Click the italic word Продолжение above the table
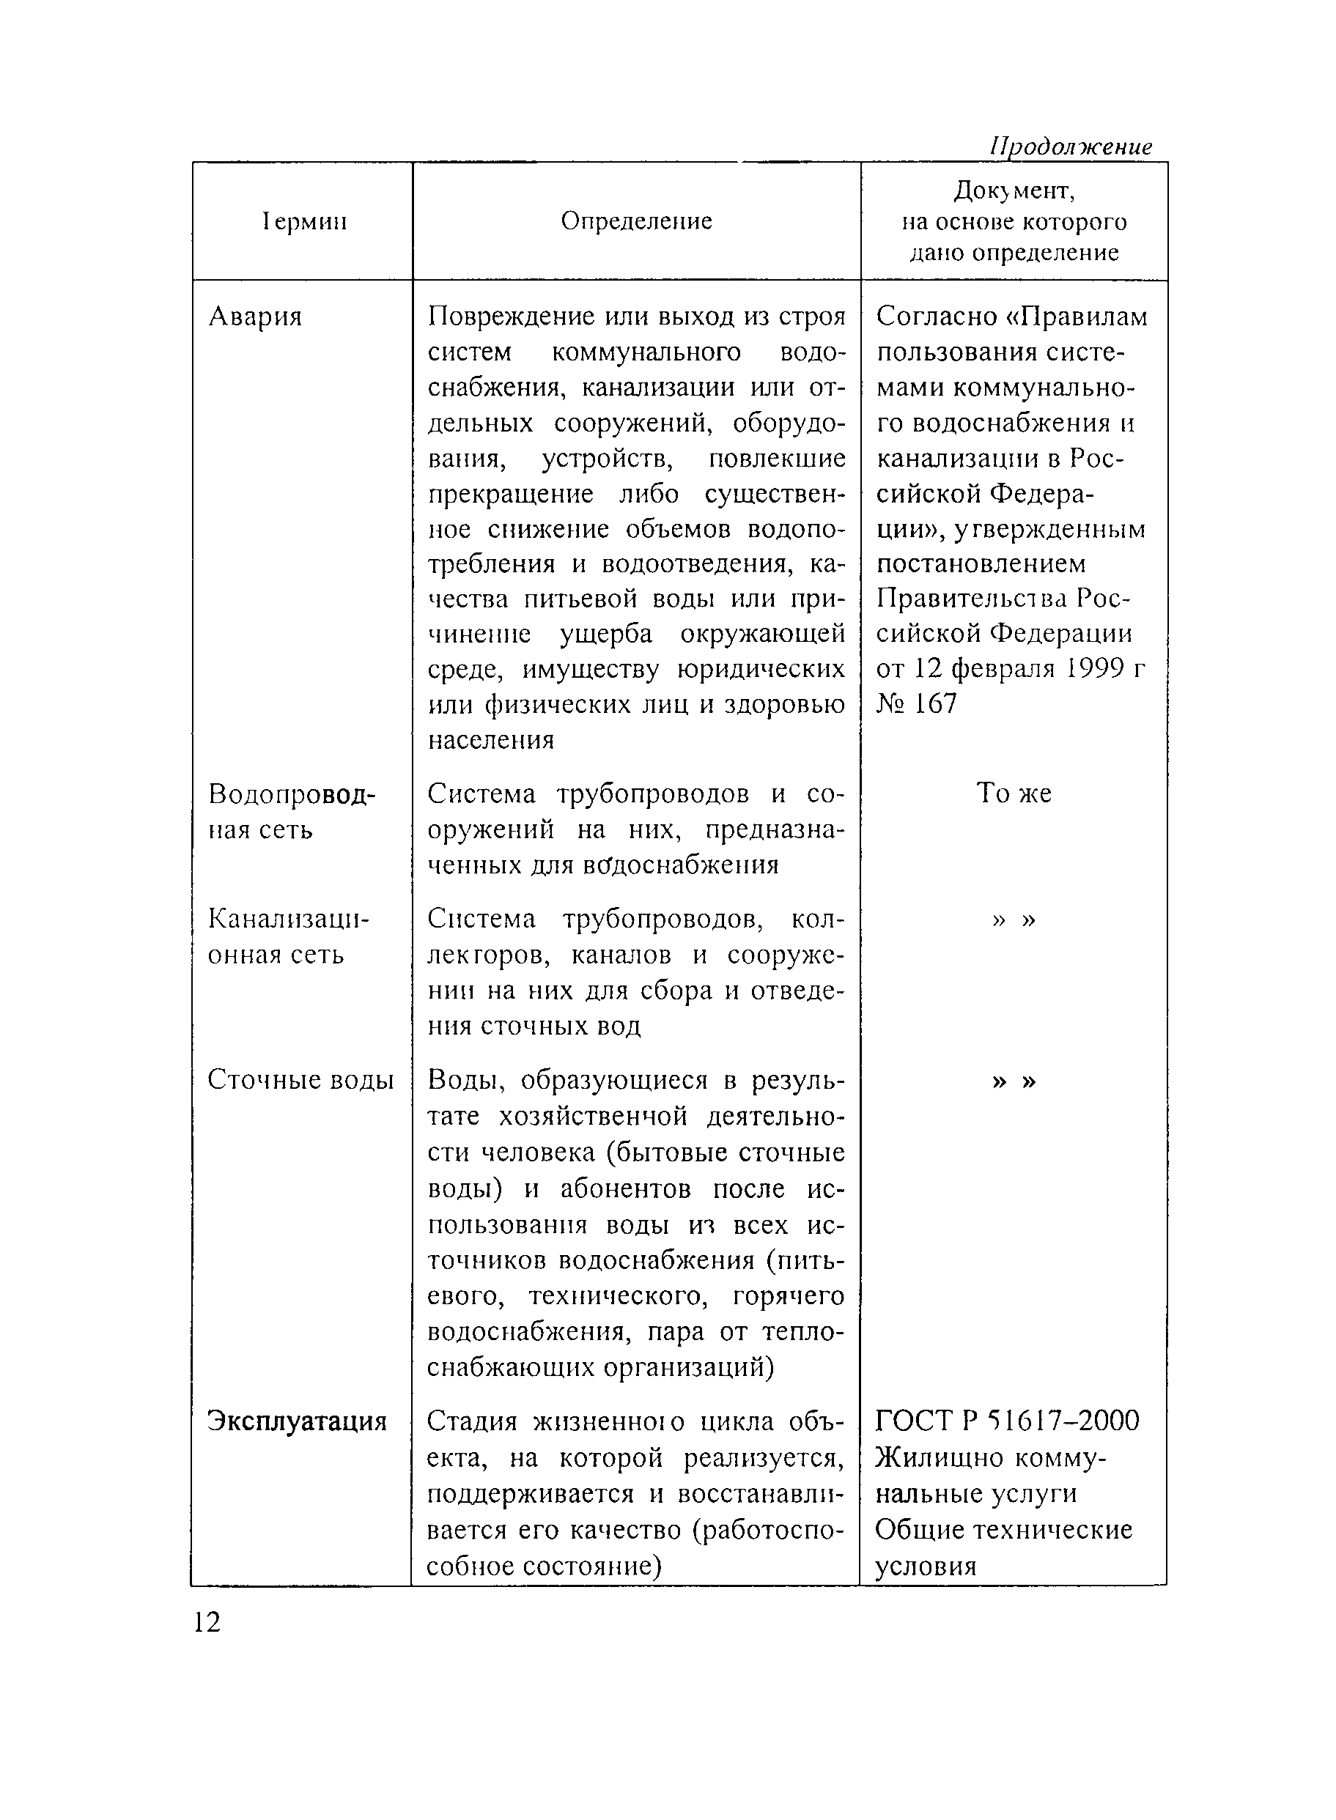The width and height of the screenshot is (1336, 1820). tap(1070, 147)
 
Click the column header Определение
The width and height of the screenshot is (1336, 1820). tap(636, 221)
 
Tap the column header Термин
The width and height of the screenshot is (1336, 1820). tap(304, 221)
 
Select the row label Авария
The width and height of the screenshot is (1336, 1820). tap(256, 316)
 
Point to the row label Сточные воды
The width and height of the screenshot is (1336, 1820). tap(300, 1080)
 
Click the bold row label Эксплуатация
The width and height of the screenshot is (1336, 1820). tap(298, 1421)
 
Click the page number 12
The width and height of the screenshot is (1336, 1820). tap(207, 1622)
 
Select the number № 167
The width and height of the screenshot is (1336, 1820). tap(916, 703)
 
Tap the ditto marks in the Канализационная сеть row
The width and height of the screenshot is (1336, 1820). tap(1014, 920)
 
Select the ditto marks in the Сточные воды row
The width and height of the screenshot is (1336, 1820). tap(1014, 1081)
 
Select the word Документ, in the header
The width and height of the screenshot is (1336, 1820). tap(1014, 190)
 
